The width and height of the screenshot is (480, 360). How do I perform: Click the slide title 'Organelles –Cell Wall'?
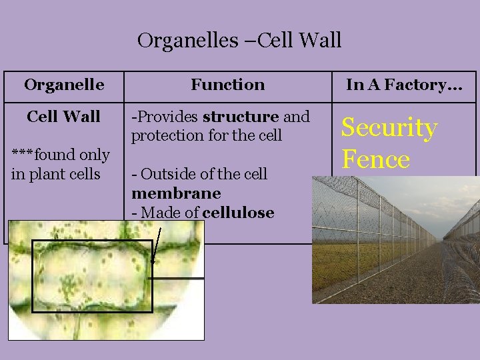[x=239, y=41]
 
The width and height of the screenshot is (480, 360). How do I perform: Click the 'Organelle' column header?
[x=64, y=85]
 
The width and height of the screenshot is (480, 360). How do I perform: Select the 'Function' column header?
[x=227, y=85]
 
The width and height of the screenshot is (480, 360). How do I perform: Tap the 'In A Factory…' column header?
[x=404, y=85]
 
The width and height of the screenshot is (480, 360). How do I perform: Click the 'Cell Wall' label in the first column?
[x=64, y=117]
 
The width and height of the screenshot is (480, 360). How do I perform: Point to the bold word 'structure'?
[x=241, y=117]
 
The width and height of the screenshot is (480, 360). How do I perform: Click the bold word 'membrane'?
[x=176, y=193]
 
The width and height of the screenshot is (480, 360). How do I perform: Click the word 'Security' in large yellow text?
[x=389, y=127]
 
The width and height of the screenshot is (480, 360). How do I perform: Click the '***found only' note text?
[x=61, y=155]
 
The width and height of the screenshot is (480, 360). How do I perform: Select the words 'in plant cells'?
[x=55, y=174]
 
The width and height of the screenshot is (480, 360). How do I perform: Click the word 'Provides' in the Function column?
[x=167, y=117]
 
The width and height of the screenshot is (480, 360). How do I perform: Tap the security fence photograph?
[x=396, y=240]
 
